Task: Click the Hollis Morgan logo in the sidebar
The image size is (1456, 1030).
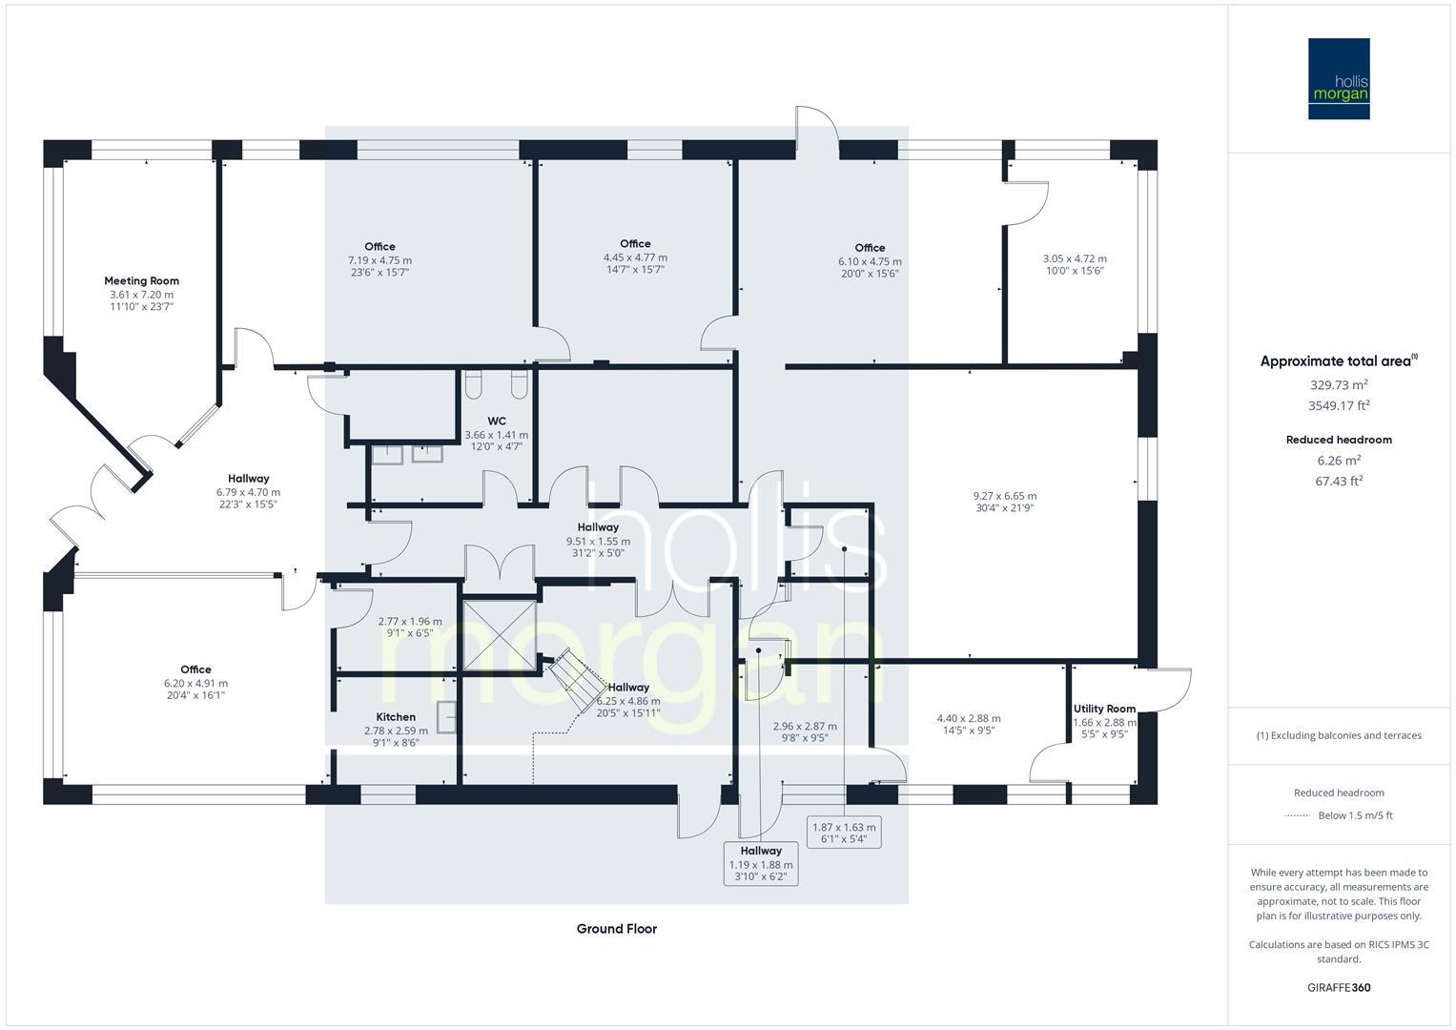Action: (1338, 78)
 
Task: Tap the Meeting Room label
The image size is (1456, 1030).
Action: (141, 281)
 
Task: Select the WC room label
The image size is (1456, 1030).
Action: (496, 421)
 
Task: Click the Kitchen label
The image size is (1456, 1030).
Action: (396, 717)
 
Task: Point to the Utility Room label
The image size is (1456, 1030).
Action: (1104, 709)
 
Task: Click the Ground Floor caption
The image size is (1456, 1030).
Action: (616, 929)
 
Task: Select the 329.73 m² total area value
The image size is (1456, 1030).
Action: (1339, 385)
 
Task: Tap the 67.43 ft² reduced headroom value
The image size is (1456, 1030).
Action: (1339, 481)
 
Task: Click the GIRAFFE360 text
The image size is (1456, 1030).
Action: (1339, 988)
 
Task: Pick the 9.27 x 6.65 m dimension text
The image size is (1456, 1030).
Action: (1004, 496)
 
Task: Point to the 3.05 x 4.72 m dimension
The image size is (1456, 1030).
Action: (1075, 258)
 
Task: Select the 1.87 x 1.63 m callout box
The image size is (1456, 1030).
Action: (844, 833)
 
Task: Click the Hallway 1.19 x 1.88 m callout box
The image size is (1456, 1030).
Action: (760, 863)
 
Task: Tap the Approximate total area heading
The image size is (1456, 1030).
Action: (1339, 361)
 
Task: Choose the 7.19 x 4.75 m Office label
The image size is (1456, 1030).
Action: (379, 259)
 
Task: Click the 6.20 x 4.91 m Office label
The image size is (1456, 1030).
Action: (195, 683)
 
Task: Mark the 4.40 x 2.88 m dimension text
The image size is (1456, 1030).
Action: (969, 719)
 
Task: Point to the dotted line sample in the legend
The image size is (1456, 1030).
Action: (1298, 816)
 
